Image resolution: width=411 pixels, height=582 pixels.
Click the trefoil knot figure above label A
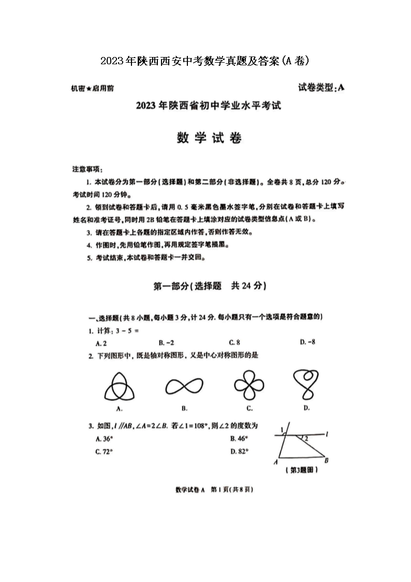point(120,388)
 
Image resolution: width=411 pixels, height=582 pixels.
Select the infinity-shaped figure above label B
point(184,387)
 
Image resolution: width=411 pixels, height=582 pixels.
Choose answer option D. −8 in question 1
point(307,342)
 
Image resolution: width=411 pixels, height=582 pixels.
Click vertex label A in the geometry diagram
point(276,462)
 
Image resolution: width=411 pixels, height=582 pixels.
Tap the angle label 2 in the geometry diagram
point(306,438)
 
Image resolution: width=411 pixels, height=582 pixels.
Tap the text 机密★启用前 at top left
point(93,88)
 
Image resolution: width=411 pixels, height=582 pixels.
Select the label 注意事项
point(87,169)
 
